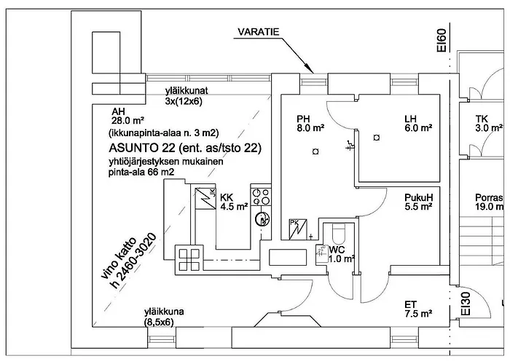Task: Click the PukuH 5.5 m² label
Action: [x=419, y=202]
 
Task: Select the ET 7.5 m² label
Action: [x=418, y=310]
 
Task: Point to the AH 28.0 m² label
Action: [x=127, y=116]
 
